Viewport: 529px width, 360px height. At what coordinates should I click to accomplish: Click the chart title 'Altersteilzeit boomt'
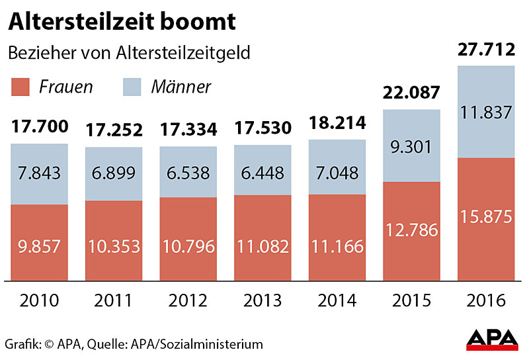pos(122,22)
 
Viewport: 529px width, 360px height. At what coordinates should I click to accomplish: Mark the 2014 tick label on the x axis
pos(337,301)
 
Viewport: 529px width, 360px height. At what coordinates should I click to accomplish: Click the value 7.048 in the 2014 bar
pos(337,173)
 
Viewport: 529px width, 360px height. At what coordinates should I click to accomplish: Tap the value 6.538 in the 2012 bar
pos(188,173)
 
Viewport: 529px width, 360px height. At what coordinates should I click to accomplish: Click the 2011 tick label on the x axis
pos(114,301)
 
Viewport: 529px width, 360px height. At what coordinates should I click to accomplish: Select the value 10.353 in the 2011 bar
pos(114,247)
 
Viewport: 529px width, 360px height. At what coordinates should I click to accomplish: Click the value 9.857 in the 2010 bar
pos(39,247)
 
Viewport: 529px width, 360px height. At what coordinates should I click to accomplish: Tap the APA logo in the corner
pos(492,339)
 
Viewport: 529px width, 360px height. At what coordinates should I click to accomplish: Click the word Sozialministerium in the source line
pos(213,344)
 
